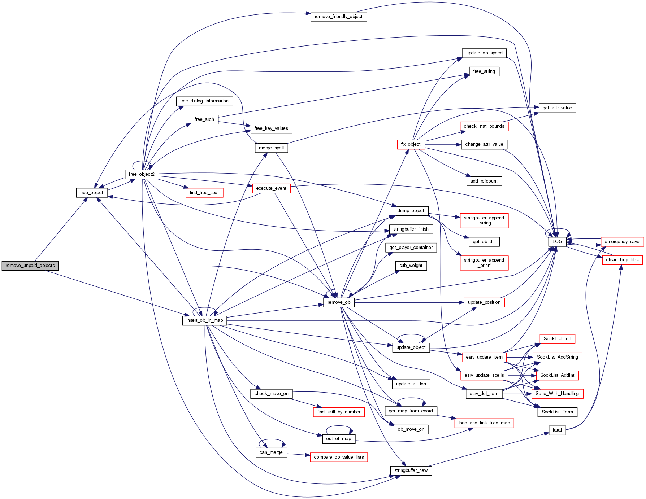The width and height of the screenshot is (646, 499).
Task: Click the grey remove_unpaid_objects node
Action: (30, 266)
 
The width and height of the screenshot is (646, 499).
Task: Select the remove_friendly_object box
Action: (339, 17)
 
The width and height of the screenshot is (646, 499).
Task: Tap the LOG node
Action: (557, 242)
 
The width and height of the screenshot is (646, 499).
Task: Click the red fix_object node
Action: (411, 144)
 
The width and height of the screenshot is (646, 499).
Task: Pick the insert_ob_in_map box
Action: (204, 320)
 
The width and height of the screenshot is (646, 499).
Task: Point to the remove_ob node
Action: (339, 302)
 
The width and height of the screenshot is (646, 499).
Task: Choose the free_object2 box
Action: (142, 174)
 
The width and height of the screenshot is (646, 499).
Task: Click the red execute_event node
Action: (271, 188)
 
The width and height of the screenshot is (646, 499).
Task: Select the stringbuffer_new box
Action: (411, 470)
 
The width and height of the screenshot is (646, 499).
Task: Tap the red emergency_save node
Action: (622, 242)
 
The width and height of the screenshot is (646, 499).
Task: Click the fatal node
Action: (557, 430)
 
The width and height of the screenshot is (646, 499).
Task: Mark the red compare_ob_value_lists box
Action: (339, 457)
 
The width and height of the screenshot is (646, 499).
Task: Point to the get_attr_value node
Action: (557, 108)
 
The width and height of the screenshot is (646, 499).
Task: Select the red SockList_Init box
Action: (557, 339)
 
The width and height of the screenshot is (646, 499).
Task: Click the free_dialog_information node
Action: (204, 101)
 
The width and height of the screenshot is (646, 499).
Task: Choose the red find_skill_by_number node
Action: (339, 412)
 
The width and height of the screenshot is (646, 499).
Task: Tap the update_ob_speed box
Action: (484, 53)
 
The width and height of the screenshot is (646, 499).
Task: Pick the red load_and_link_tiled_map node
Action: (484, 423)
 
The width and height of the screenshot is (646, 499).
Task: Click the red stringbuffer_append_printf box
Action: (484, 263)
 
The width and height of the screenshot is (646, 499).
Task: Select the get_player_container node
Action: (411, 248)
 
